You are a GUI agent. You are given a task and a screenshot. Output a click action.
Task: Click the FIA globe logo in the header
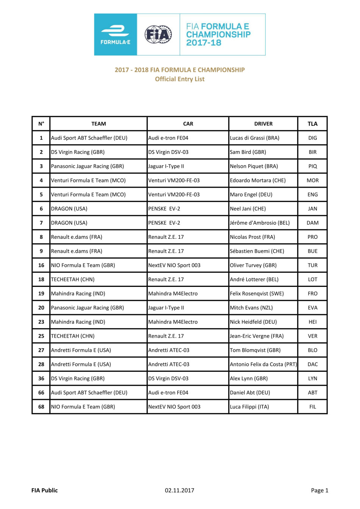click(x=158, y=34)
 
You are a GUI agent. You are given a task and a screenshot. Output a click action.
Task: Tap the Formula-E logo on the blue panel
click(x=115, y=34)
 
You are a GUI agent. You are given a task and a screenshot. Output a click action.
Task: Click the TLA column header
click(x=312, y=124)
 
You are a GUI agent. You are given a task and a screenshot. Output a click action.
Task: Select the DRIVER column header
click(x=263, y=124)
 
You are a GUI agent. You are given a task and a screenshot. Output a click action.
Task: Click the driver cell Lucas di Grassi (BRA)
click(x=254, y=138)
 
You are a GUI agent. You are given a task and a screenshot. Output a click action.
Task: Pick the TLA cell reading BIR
click(x=312, y=152)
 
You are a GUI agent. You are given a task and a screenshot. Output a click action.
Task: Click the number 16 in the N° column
click(x=41, y=265)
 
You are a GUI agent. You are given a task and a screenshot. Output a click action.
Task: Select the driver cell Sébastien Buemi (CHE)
click(x=257, y=251)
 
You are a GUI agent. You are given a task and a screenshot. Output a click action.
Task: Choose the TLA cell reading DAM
click(x=312, y=223)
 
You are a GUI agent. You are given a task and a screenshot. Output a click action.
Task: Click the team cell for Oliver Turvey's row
click(x=83, y=265)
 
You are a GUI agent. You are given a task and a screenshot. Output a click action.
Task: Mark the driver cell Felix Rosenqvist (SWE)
click(x=257, y=294)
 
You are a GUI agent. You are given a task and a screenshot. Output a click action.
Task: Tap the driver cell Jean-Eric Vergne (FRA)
click(x=257, y=336)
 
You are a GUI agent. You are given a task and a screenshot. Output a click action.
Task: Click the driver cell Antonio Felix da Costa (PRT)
click(x=263, y=364)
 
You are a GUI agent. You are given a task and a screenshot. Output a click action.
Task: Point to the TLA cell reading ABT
click(x=312, y=393)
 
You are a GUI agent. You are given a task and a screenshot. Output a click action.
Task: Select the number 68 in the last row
click(x=41, y=407)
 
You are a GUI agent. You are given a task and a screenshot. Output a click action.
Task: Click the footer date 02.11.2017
click(x=179, y=490)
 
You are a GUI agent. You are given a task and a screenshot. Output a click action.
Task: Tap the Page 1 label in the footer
click(x=319, y=490)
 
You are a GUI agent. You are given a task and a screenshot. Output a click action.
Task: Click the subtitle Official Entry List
click(x=180, y=79)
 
